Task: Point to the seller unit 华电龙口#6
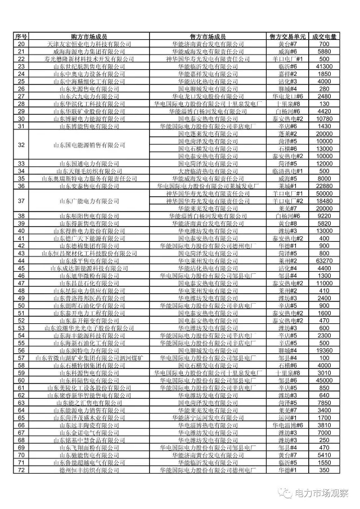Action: pos(288,96)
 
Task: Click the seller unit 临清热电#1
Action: pos(288,170)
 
